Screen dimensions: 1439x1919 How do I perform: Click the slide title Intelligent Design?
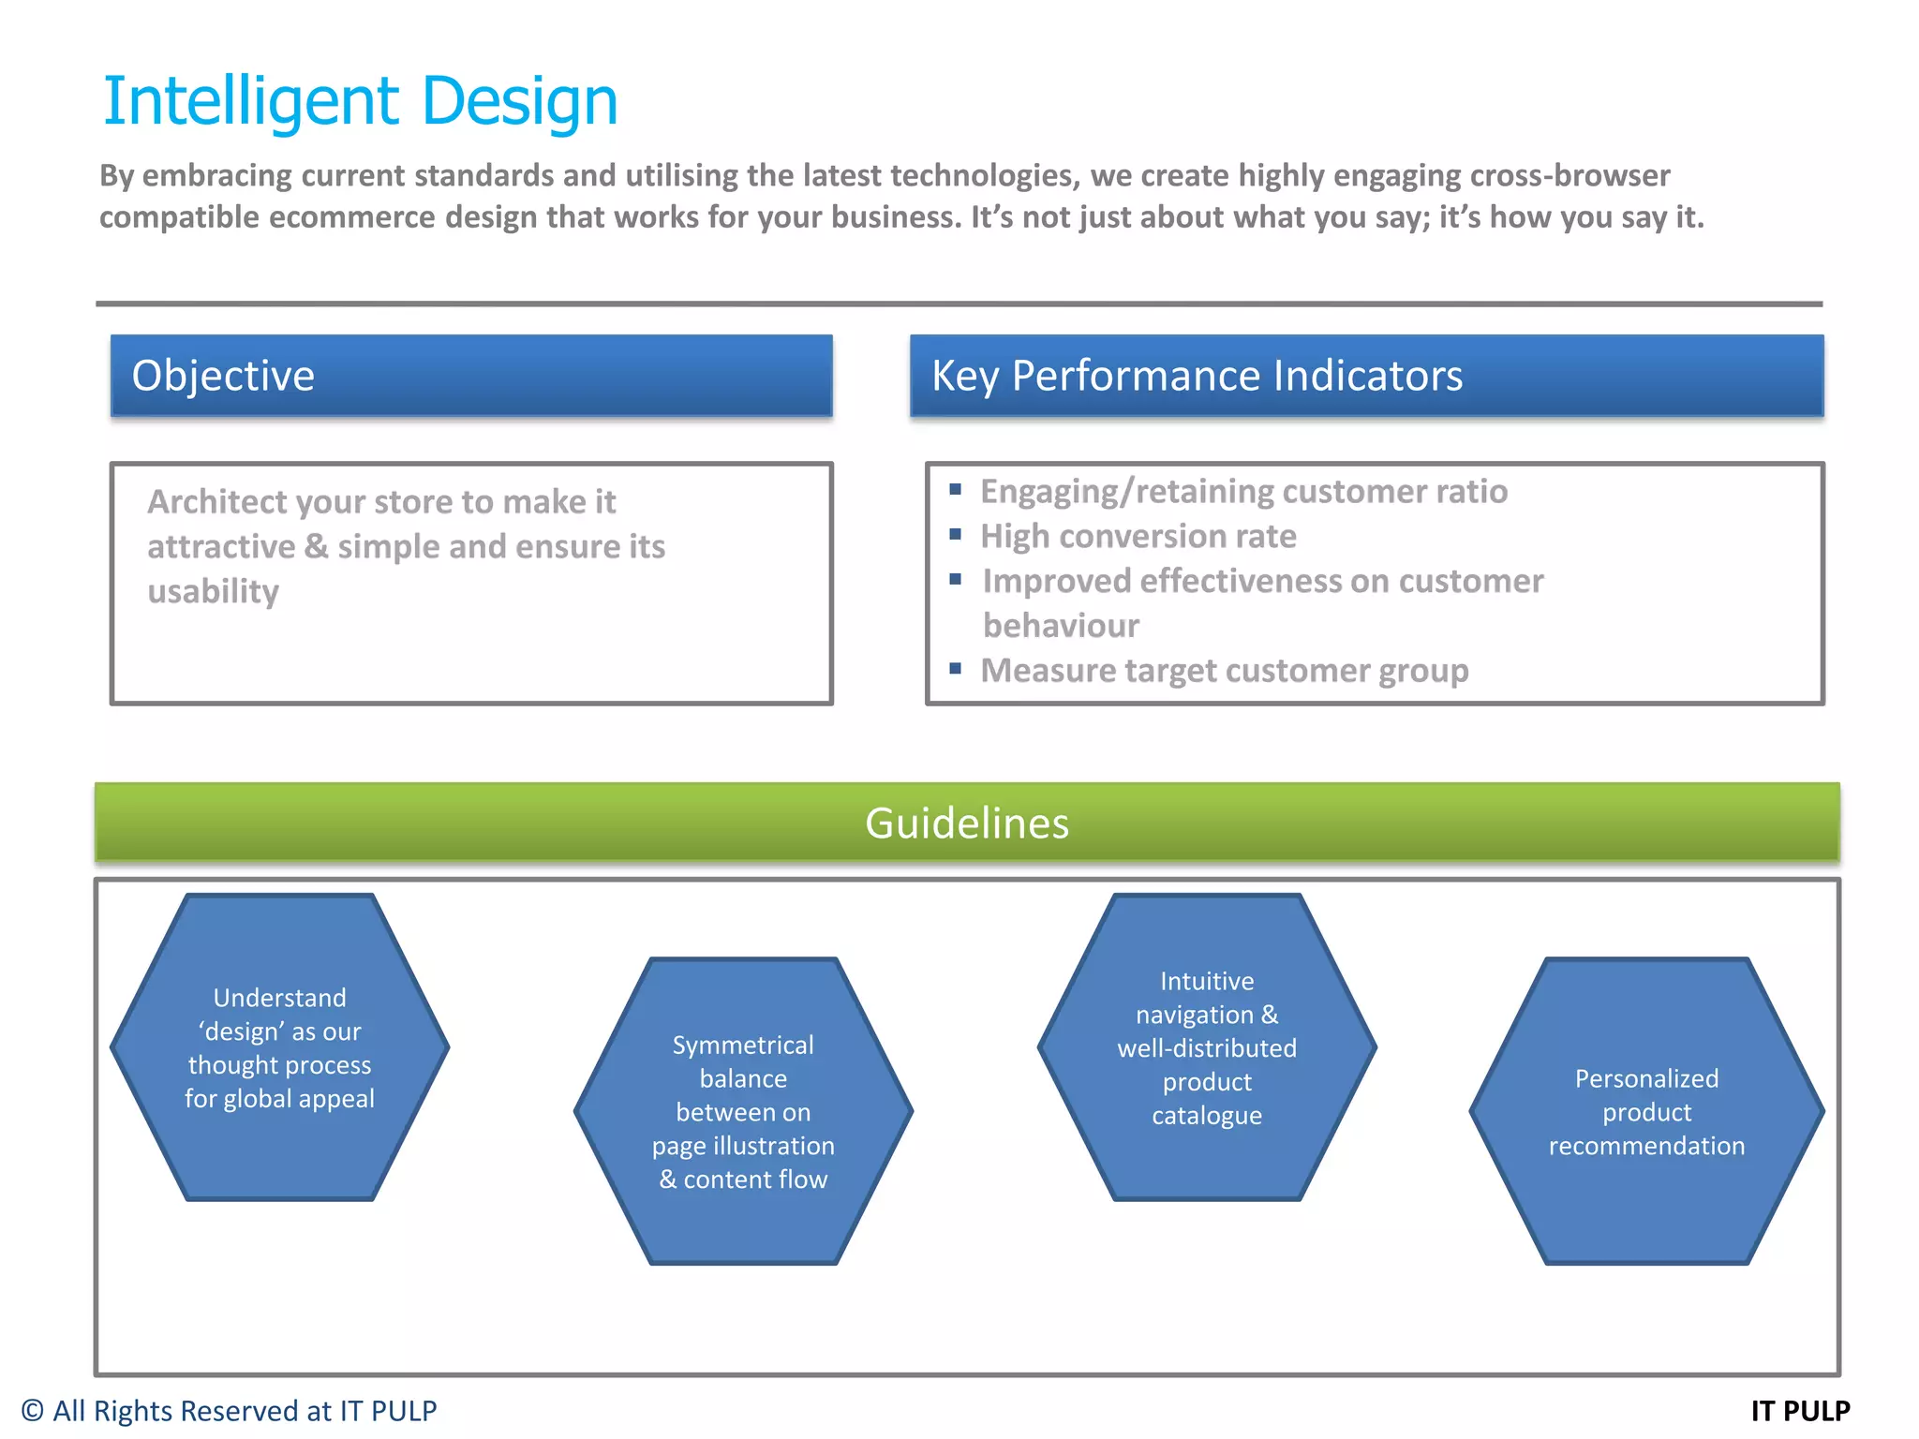point(360,101)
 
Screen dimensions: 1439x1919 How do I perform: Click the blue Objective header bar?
point(471,376)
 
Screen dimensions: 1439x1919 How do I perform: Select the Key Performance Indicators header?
point(1366,376)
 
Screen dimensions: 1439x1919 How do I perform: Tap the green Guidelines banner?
point(967,823)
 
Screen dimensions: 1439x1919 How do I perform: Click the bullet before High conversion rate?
point(956,534)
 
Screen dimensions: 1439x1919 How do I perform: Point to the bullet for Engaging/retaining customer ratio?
point(956,489)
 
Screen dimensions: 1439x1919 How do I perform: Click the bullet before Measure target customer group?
point(956,669)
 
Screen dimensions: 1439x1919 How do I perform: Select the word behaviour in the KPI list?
point(1061,626)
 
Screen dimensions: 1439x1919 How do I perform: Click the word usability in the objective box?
point(214,591)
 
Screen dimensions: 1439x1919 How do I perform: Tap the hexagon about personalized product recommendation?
point(1646,1111)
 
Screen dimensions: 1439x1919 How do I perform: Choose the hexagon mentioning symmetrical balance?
point(743,1111)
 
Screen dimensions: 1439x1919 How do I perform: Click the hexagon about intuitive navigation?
point(1207,1047)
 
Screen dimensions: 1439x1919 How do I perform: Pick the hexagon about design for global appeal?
point(279,1047)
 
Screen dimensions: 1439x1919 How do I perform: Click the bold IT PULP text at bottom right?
point(1800,1411)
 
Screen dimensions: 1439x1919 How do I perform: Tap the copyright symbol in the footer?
point(32,1411)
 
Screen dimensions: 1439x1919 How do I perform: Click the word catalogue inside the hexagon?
point(1207,1116)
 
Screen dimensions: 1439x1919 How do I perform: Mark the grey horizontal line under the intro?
point(959,304)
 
